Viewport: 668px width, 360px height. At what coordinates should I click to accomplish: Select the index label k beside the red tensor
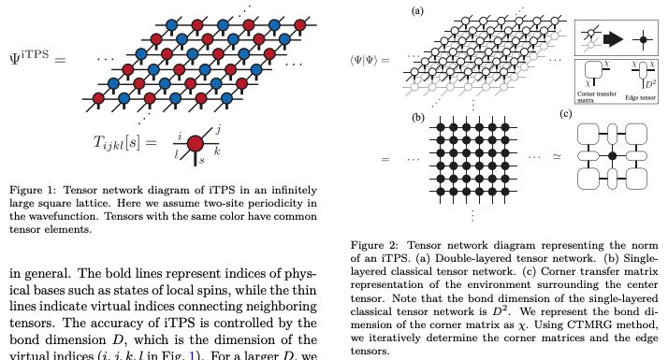pyautogui.click(x=218, y=150)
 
